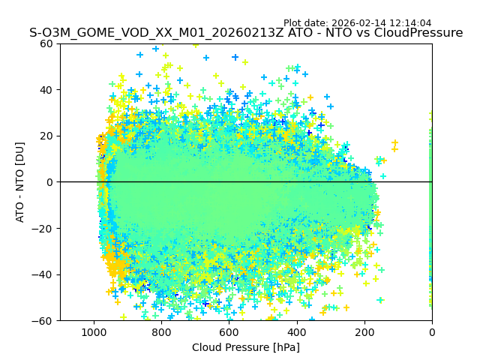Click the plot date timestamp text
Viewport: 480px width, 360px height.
pyautogui.click(x=357, y=23)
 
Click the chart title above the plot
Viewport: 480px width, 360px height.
pyautogui.click(x=246, y=33)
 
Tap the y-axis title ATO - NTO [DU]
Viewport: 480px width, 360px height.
pyautogui.click(x=20, y=182)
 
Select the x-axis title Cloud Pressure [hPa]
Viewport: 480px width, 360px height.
pyautogui.click(x=246, y=347)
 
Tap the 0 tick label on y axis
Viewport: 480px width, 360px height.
pyautogui.click(x=50, y=182)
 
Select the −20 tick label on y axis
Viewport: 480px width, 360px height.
pyautogui.click(x=44, y=229)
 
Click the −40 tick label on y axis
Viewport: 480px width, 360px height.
pyautogui.click(x=44, y=274)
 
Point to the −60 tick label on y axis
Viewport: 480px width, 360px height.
pyautogui.click(x=44, y=321)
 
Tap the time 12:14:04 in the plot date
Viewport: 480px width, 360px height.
pyautogui.click(x=410, y=23)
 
